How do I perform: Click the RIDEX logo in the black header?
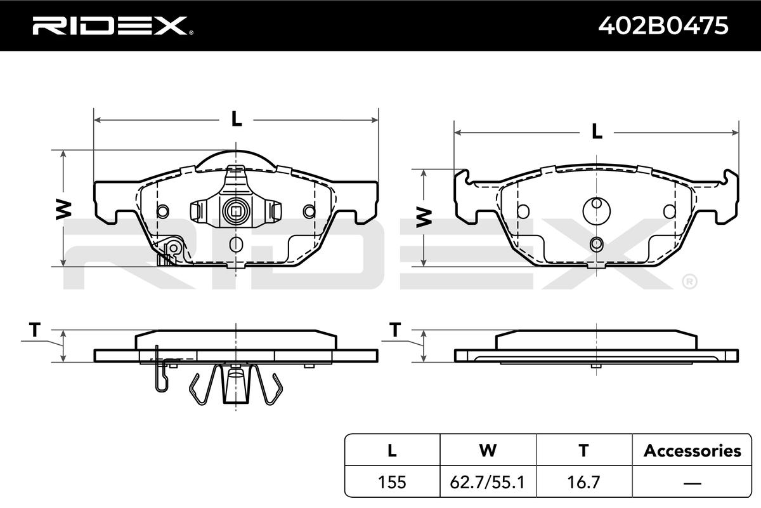(113, 25)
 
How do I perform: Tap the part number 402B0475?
(663, 25)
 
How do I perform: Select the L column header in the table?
(392, 450)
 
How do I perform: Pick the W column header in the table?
(488, 450)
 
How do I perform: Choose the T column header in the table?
(583, 450)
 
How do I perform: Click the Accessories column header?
(692, 450)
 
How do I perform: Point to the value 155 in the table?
(392, 482)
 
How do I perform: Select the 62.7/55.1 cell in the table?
(488, 482)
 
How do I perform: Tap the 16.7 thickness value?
(583, 482)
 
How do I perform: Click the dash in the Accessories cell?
(692, 483)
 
